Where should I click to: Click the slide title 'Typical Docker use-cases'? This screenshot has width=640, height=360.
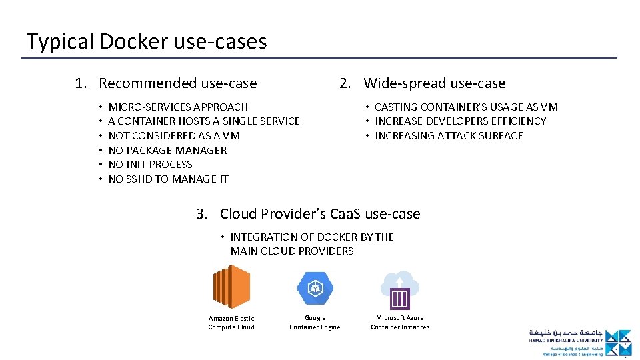(x=147, y=41)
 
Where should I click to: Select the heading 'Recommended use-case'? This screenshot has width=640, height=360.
(x=177, y=83)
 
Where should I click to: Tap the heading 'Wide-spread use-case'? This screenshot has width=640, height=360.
(x=434, y=83)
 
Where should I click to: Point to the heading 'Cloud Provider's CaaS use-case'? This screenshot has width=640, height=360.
(x=320, y=214)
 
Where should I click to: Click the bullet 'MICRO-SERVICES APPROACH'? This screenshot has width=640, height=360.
(x=178, y=107)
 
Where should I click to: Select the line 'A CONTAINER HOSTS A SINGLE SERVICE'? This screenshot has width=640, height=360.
(x=204, y=121)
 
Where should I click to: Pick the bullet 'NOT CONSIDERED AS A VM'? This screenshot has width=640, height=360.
(x=174, y=136)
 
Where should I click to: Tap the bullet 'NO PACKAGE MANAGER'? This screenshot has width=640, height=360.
(x=167, y=150)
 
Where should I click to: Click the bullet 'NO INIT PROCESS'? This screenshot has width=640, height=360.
(x=150, y=165)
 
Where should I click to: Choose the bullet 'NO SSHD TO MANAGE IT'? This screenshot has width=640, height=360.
(x=168, y=179)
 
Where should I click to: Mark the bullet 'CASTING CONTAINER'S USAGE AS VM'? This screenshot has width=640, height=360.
(x=466, y=107)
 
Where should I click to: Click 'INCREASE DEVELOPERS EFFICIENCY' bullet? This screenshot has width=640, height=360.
(x=460, y=121)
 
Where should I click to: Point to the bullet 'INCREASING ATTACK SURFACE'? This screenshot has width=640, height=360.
(x=449, y=136)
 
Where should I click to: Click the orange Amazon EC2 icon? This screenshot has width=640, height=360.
(x=231, y=287)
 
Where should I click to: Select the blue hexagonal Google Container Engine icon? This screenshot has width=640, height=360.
(x=315, y=289)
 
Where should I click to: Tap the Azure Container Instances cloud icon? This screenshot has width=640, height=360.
(x=400, y=289)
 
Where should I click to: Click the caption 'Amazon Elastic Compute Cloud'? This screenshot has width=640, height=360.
(x=231, y=323)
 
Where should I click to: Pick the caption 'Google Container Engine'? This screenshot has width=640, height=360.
(x=315, y=323)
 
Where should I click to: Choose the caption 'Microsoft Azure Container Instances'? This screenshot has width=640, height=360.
(x=400, y=323)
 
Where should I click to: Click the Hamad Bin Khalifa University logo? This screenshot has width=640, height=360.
(x=579, y=343)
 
